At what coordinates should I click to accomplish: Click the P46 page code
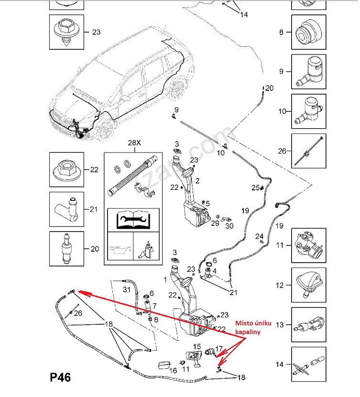(60, 378)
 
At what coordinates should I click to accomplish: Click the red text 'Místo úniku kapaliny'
(249, 327)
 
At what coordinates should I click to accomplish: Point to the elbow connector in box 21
(66, 209)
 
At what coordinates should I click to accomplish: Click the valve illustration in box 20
(66, 249)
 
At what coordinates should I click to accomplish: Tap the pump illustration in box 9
(309, 71)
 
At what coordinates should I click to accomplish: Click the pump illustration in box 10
(309, 110)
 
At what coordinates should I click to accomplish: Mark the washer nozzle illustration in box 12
(308, 285)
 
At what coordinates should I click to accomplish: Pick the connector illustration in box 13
(308, 324)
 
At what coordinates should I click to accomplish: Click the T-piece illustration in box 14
(308, 364)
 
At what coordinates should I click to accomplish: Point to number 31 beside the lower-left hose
(127, 289)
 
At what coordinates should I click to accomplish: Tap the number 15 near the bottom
(197, 346)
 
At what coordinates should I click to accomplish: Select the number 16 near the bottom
(173, 370)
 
